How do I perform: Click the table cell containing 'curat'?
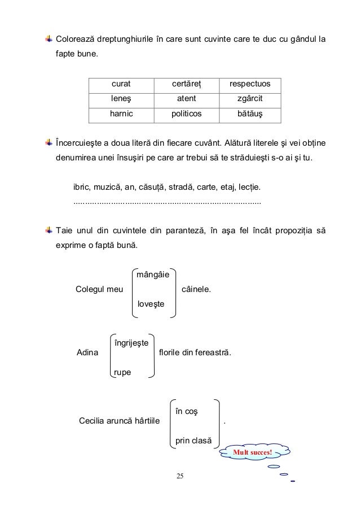pos(121,85)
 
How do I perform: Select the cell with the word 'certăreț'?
pos(186,85)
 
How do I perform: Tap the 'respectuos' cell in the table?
pos(249,85)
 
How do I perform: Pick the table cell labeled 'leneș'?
pos(121,99)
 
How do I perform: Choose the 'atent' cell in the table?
pos(186,99)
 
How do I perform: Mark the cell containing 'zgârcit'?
pos(249,99)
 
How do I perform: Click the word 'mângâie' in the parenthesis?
pos(152,276)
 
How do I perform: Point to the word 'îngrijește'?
pos(131,343)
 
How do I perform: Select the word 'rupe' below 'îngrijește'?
pos(122,372)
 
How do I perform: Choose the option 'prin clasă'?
pos(193,441)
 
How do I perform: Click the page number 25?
pos(180,477)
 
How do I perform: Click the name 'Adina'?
pos(86,354)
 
